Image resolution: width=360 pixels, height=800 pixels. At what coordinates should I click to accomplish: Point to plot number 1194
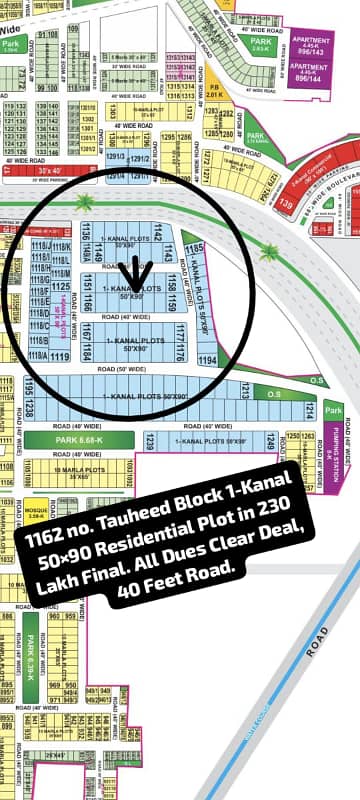pyautogui.click(x=207, y=358)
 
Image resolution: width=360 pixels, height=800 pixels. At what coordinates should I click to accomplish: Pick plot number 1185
pyautogui.click(x=194, y=246)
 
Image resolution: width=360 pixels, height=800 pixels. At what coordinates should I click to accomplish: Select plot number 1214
pyautogui.click(x=311, y=410)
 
